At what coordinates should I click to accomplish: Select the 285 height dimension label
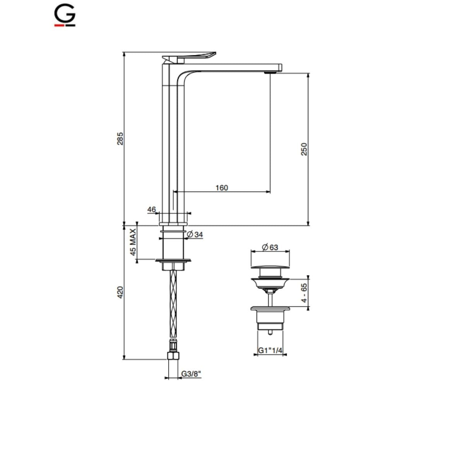click(120, 139)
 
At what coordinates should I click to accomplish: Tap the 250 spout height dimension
click(304, 149)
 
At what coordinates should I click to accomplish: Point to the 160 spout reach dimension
click(222, 188)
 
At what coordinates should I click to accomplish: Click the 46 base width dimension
click(151, 210)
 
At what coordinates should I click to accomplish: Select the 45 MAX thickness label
click(133, 242)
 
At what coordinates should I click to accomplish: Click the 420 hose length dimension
click(120, 292)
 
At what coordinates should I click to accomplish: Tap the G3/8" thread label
click(191, 374)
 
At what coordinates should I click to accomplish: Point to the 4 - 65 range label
click(304, 293)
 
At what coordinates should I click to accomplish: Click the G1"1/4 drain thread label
click(270, 351)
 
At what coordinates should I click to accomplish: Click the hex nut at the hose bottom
click(173, 355)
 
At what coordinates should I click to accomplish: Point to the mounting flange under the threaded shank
click(173, 260)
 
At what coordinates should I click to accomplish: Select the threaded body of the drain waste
click(270, 319)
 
